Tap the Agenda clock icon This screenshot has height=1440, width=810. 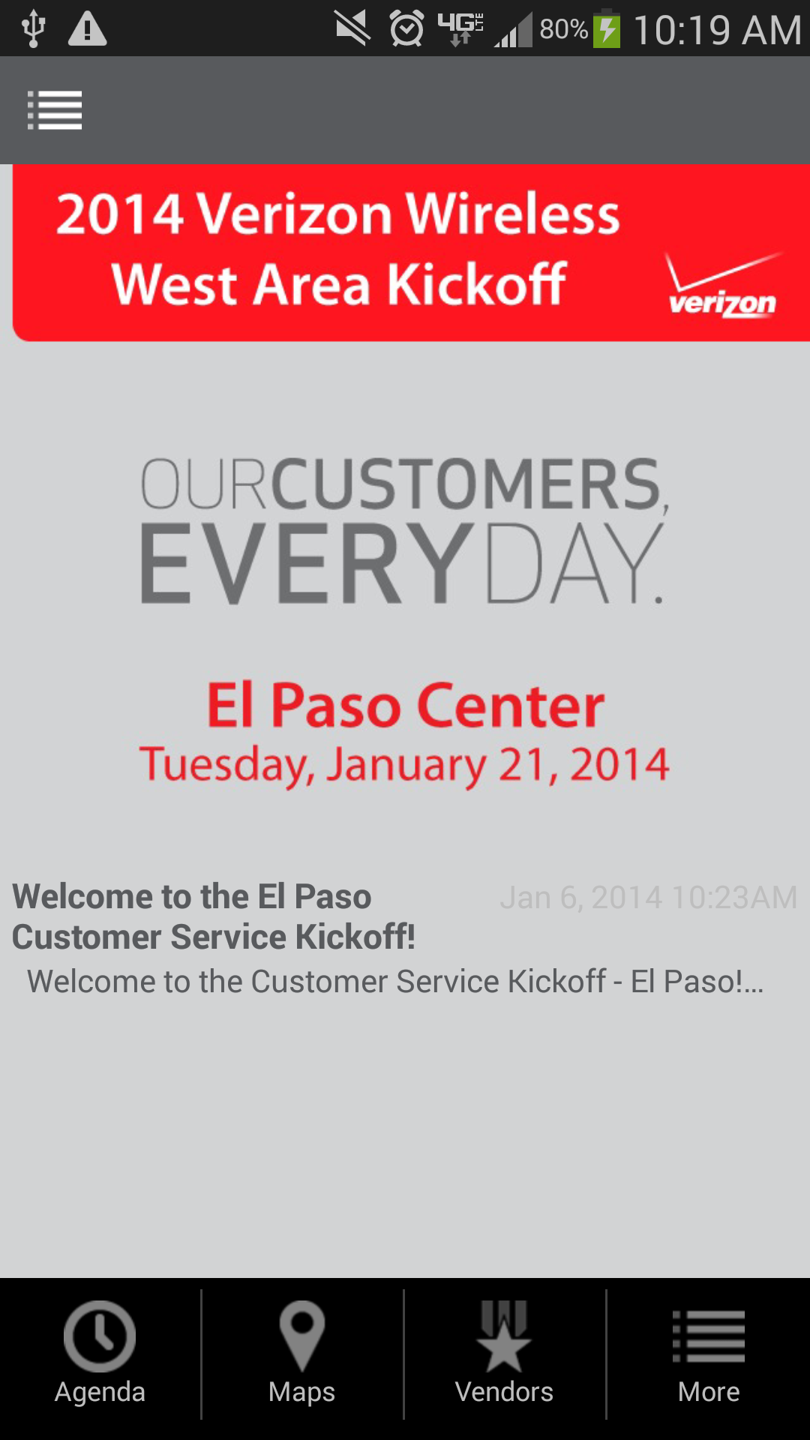[100, 1336]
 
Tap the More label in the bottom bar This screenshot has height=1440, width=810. [709, 1392]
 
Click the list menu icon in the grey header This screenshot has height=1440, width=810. [55, 110]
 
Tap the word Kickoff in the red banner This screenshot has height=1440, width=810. [476, 284]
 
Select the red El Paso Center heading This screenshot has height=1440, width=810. [406, 705]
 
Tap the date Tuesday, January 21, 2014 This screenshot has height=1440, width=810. [404, 765]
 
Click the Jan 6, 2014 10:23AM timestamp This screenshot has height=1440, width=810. [649, 897]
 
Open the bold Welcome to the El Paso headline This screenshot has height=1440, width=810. [214, 916]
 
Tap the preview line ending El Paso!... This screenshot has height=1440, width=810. [395, 981]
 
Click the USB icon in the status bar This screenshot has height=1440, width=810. [33, 29]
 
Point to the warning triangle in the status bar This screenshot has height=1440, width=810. [87, 29]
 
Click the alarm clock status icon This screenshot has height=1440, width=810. [406, 29]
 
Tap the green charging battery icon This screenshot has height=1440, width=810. [607, 30]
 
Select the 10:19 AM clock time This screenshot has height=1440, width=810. [718, 30]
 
